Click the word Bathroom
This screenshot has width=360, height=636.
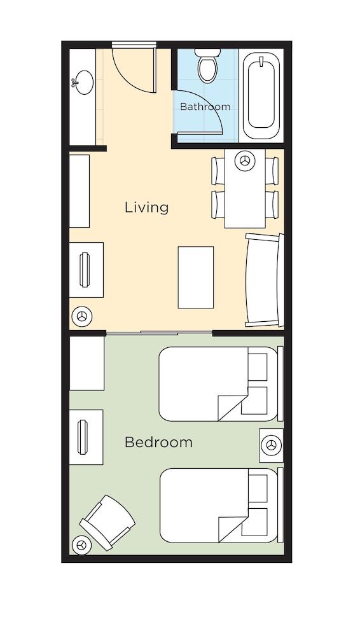pos(205,107)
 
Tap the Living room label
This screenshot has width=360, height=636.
pos(146,207)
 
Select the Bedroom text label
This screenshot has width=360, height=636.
pos(158,442)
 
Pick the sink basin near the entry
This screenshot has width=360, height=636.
pos(83,82)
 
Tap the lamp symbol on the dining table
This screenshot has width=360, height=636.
pos(244,161)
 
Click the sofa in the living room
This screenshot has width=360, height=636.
pos(264,280)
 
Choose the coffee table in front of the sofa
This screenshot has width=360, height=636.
pos(195,277)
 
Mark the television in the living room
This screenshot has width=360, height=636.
pos(85,270)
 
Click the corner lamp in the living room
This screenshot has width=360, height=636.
pos(82,315)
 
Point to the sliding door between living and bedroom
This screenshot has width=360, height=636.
pos(159,333)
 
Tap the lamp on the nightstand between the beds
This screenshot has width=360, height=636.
pos(272,445)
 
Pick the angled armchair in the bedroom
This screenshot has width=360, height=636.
pos(107,522)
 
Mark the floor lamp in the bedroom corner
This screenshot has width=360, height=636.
pos(80,545)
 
